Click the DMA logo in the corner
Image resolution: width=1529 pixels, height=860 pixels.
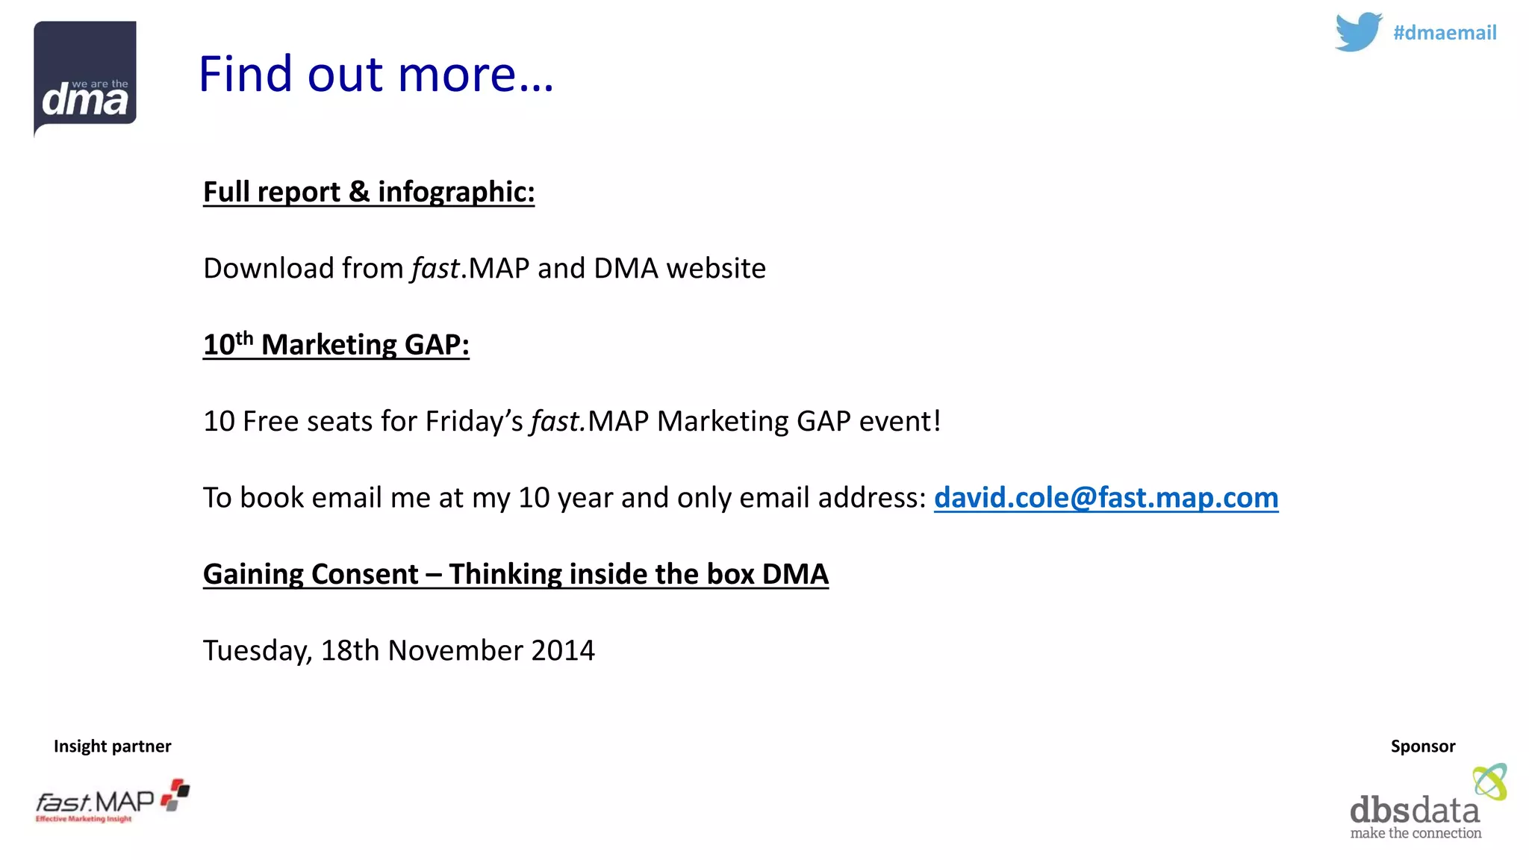pyautogui.click(x=85, y=78)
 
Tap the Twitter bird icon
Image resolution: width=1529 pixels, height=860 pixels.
pyautogui.click(x=1358, y=32)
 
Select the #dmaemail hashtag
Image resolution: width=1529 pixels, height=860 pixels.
pyautogui.click(x=1445, y=33)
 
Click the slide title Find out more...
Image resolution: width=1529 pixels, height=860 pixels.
pyautogui.click(x=376, y=74)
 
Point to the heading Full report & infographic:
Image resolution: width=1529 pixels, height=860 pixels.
pyautogui.click(x=369, y=192)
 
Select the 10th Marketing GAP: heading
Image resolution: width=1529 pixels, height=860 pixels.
pyautogui.click(x=336, y=345)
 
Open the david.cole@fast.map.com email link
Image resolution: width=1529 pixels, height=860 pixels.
pyautogui.click(x=1106, y=498)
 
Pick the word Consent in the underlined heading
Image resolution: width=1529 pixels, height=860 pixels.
pyautogui.click(x=364, y=574)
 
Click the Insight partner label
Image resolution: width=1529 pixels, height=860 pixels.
pyautogui.click(x=112, y=747)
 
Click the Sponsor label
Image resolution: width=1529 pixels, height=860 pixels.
pyautogui.click(x=1422, y=747)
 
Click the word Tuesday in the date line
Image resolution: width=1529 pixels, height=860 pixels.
pyautogui.click(x=257, y=651)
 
